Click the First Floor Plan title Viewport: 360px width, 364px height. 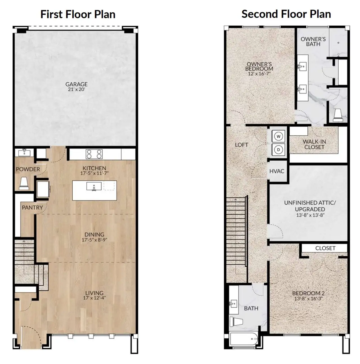78,14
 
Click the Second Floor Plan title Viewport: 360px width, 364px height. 286,14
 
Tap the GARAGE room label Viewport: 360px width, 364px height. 76,84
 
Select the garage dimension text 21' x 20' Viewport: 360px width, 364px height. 76,90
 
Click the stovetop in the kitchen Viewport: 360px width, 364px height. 94,154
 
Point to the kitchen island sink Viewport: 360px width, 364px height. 94,187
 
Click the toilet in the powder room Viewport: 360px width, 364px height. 24,183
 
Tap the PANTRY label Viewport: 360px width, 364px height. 32,207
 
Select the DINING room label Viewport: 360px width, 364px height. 94,235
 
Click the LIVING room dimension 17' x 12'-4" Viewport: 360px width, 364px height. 94,298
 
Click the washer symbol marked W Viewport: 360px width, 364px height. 278,137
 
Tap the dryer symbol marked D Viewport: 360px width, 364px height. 278,149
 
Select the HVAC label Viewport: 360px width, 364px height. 277,171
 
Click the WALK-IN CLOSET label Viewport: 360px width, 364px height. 314,144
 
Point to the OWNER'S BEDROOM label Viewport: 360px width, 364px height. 259,66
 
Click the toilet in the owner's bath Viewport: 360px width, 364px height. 337,115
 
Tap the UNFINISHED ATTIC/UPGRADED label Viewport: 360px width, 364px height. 310,206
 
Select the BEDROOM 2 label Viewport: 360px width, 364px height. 308,293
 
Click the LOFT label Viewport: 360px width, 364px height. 242,145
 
